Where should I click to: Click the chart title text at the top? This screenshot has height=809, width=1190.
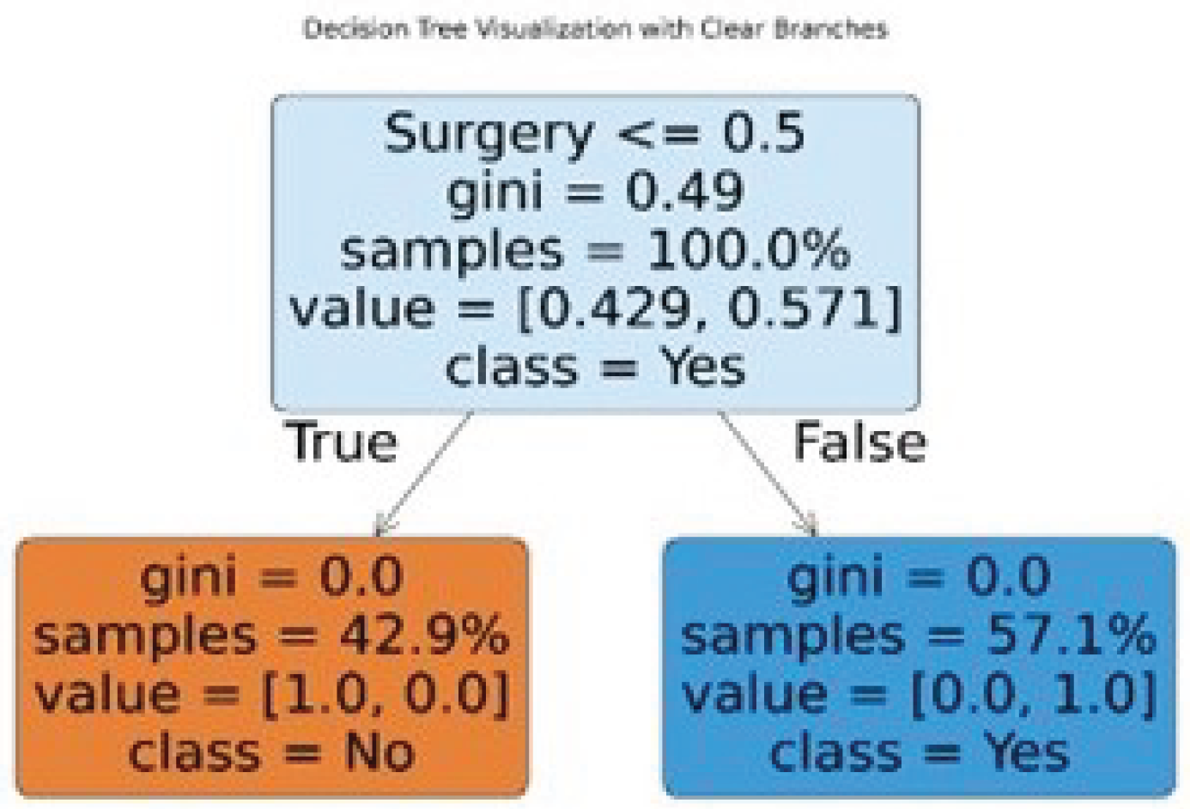tap(595, 28)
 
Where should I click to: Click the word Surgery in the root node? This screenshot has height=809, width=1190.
tap(489, 136)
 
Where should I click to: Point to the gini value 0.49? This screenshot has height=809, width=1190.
tap(684, 192)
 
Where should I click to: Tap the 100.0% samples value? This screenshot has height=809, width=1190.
tap(748, 250)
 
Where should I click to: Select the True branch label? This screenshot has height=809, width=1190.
tap(343, 441)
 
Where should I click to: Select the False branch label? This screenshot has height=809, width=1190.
tap(859, 441)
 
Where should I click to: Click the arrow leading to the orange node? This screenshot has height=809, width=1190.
tap(423, 473)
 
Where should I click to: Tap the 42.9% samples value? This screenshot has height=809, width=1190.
tap(424, 636)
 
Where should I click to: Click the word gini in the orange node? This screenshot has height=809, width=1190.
tap(189, 578)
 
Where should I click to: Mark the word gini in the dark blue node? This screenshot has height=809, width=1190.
tap(836, 578)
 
